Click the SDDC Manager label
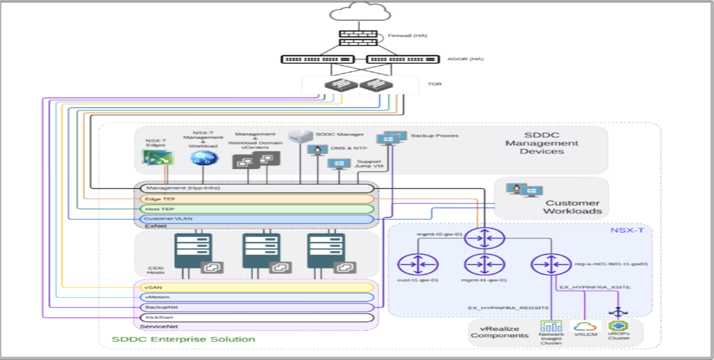click(x=335, y=134)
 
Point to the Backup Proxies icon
click(x=391, y=137)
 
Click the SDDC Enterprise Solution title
click(x=183, y=339)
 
